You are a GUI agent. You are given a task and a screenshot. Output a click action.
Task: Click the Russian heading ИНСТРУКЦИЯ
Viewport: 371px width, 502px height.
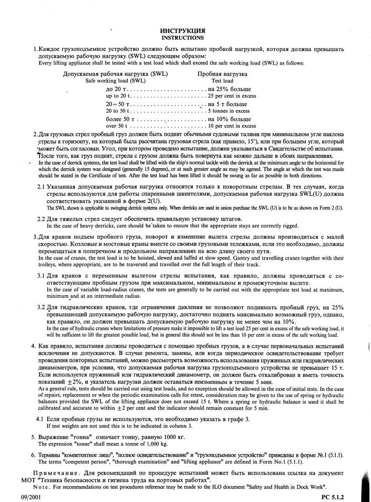pyautogui.click(x=183, y=30)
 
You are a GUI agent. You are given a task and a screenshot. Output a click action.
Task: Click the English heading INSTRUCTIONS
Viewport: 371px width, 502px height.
pyautogui.click(x=183, y=37)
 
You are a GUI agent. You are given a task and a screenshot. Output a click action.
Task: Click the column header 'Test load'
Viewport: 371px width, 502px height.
pyautogui.click(x=222, y=80)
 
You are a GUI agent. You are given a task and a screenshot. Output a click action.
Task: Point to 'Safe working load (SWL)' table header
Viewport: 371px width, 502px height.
pyautogui.click(x=116, y=80)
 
